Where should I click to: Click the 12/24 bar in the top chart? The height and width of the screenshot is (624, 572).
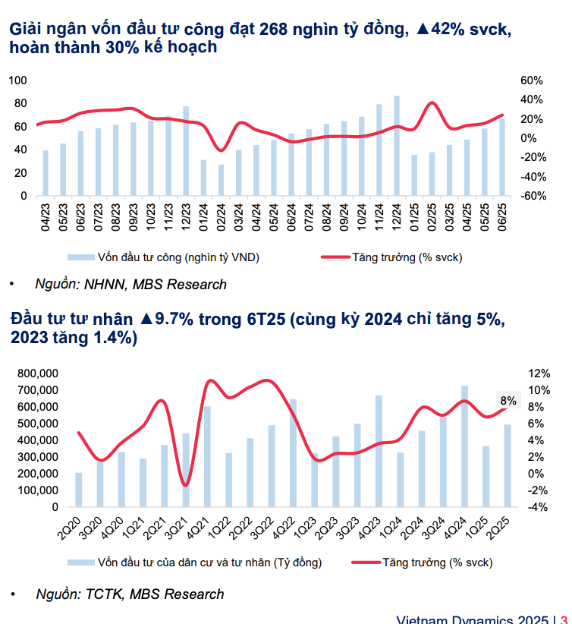[397, 146]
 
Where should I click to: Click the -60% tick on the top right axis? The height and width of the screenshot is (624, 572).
[530, 196]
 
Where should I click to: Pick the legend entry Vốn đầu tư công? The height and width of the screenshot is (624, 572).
[164, 257]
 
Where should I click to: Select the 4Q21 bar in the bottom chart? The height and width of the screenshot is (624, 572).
[207, 456]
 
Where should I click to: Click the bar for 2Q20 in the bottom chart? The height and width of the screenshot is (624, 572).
[79, 490]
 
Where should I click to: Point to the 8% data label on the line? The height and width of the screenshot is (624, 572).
[508, 401]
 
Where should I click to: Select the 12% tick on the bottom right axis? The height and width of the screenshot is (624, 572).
[539, 373]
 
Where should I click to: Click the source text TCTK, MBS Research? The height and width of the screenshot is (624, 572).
[130, 594]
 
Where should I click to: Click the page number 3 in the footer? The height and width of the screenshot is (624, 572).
[564, 619]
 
